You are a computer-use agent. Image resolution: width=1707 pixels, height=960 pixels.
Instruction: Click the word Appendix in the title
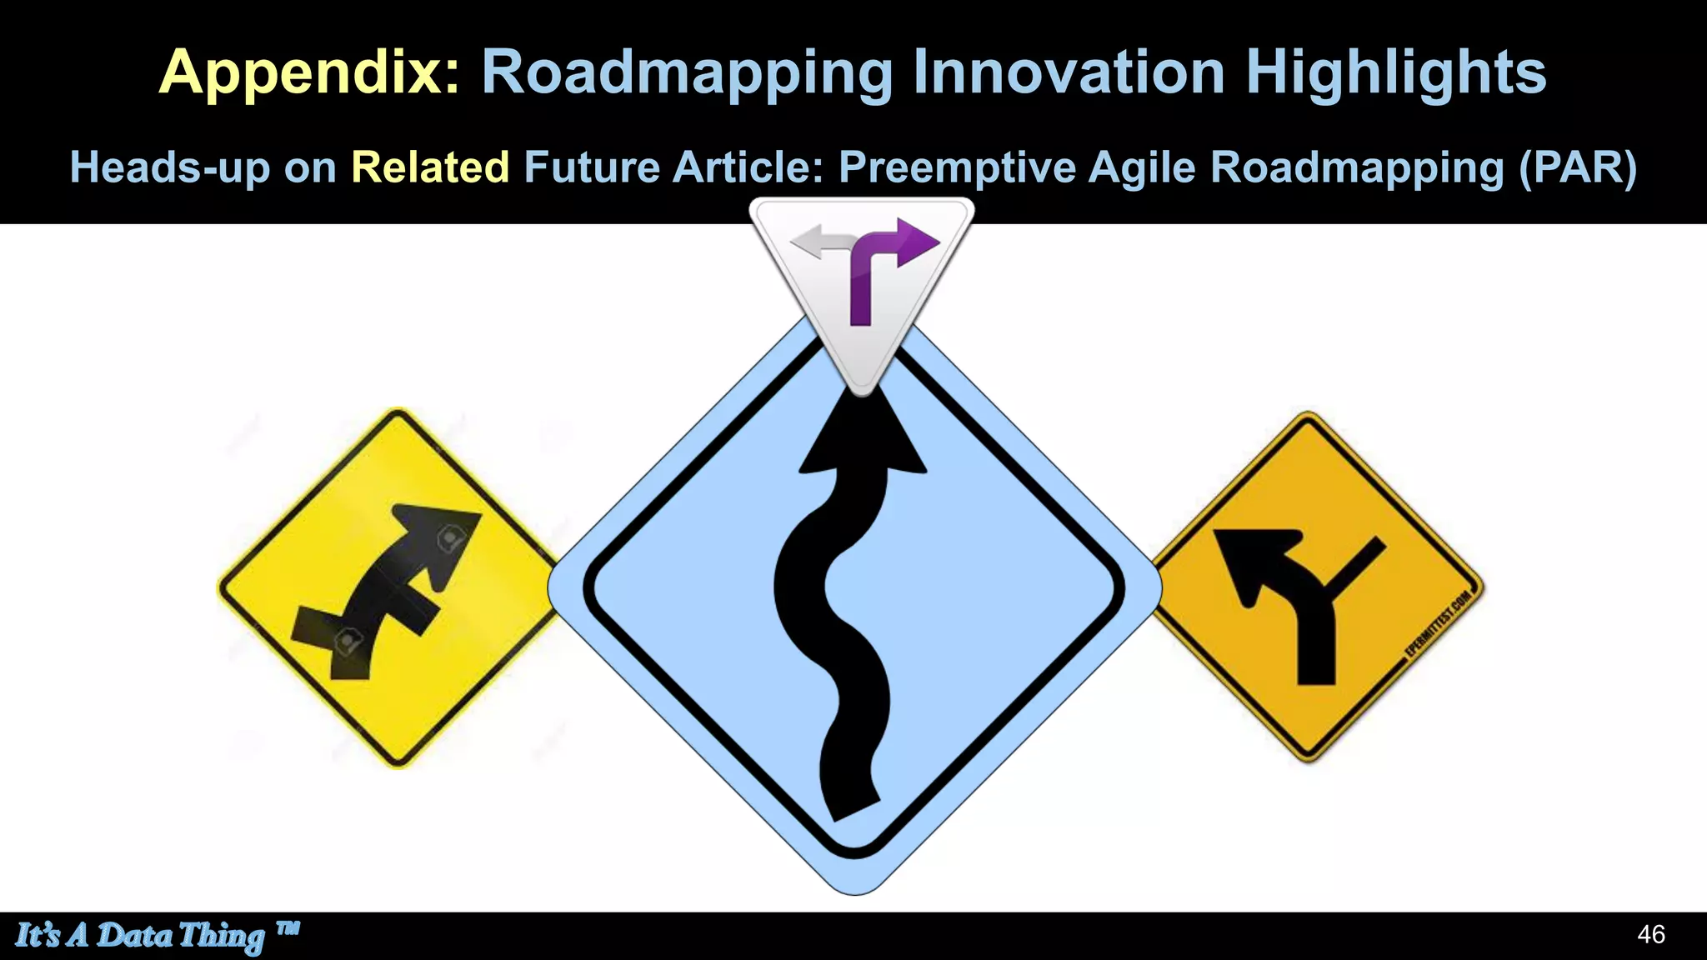(x=308, y=73)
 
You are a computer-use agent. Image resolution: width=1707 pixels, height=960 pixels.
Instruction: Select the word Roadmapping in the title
(x=687, y=73)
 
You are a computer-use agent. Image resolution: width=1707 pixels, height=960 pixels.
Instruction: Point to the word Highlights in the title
(x=1396, y=73)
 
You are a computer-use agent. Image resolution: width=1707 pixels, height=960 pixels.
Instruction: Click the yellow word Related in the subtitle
(x=430, y=167)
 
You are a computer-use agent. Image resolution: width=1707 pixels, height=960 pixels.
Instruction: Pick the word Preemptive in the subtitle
(x=957, y=167)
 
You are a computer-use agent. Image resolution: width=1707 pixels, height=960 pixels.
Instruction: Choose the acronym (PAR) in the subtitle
(x=1577, y=167)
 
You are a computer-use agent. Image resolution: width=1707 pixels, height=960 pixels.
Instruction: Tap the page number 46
(x=1650, y=934)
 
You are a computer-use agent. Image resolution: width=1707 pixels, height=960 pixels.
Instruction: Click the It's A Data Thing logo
(x=140, y=935)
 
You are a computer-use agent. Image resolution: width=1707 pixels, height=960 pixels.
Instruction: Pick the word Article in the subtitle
(x=748, y=167)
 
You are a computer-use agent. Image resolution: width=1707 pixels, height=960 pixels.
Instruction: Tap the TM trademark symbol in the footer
(x=287, y=927)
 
